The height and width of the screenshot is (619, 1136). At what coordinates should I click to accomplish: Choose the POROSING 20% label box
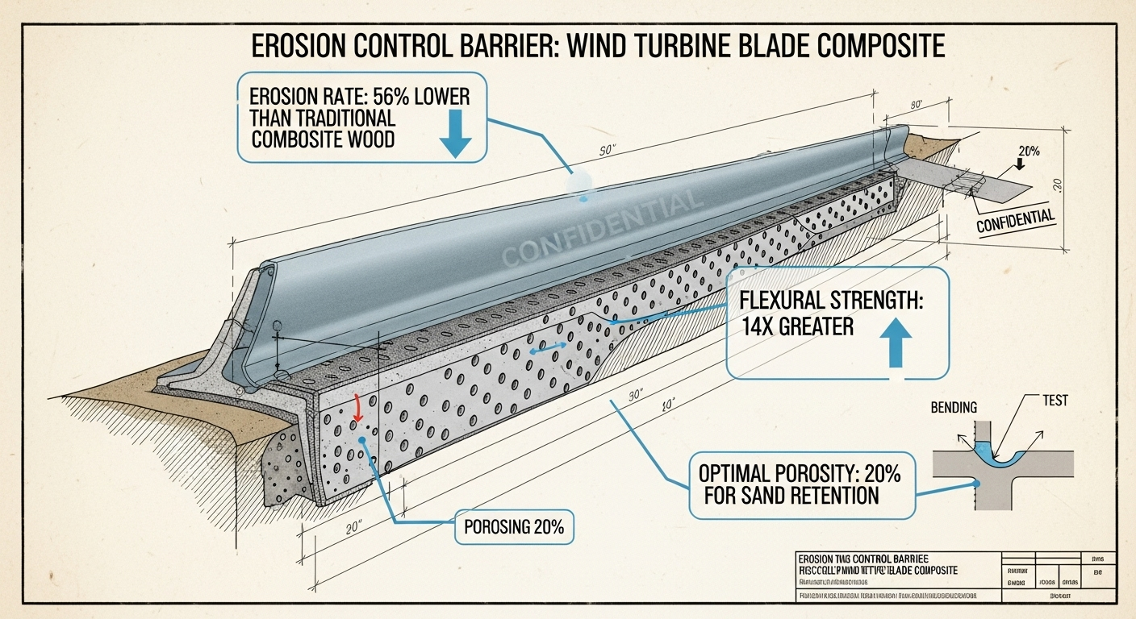pos(513,529)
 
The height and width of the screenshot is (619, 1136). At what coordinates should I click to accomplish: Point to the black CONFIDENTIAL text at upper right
pos(1016,220)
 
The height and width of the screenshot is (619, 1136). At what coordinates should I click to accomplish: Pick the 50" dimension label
pos(607,150)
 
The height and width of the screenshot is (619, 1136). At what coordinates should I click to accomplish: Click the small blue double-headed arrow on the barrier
pos(548,349)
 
